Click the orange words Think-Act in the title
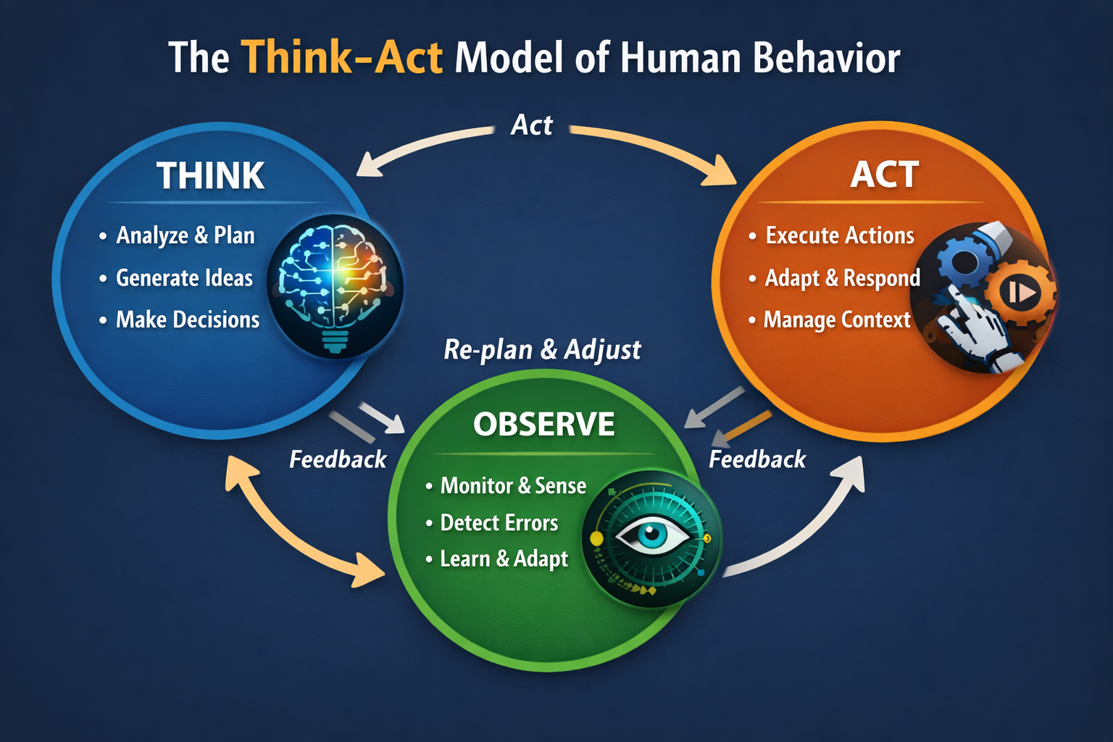point(341,58)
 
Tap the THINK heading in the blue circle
point(210,175)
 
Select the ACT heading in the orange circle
point(884,174)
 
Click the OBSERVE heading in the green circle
point(543,424)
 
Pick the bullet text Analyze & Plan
point(185,235)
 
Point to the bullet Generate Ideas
point(184,278)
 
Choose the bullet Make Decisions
point(187,320)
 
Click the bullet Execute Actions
point(839,235)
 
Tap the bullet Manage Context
point(836,320)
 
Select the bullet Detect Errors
point(499,522)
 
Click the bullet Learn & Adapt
point(504,559)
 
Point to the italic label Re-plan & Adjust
point(542,349)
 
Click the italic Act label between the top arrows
point(531,125)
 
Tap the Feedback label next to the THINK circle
point(338,459)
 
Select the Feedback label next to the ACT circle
point(756,459)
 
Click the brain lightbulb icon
point(335,286)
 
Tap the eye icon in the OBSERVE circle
point(651,537)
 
